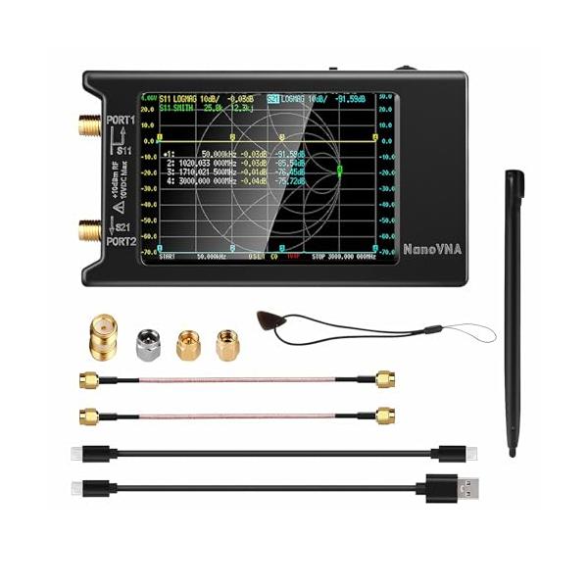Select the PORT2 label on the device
click(x=118, y=241)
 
